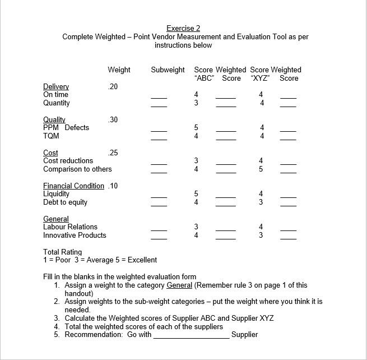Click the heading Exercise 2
(183, 28)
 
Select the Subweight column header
(168, 70)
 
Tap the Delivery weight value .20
(113, 86)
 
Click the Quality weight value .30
(113, 119)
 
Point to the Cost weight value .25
(113, 153)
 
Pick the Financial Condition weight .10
(113, 186)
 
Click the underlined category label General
(56, 219)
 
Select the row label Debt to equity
(65, 202)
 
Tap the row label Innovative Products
(75, 235)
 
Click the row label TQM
(51, 136)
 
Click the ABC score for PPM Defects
(196, 127)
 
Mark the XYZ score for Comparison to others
(261, 169)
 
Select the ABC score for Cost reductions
(196, 160)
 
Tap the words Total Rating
(62, 252)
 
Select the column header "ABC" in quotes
(205, 78)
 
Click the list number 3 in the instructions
(57, 318)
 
